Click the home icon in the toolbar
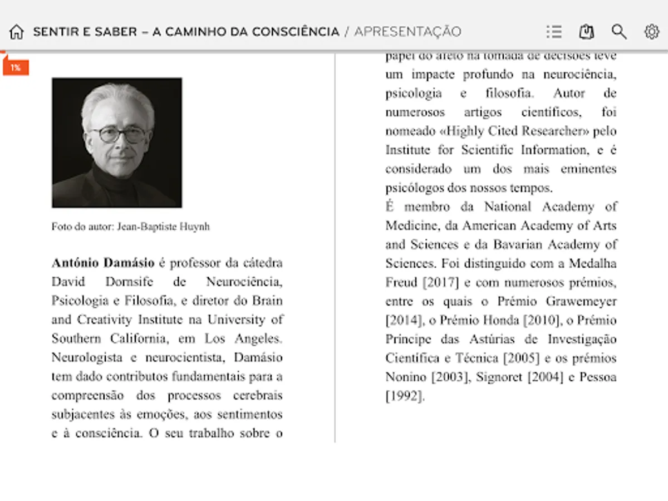tap(16, 32)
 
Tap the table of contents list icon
tap(554, 32)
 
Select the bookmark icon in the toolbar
tap(586, 32)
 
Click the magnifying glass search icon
tap(619, 32)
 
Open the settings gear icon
tap(651, 32)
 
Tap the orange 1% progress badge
tap(16, 67)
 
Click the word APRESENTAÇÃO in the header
tap(407, 32)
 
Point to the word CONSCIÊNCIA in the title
tap(296, 32)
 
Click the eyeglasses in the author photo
tap(119, 134)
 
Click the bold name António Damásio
tap(103, 263)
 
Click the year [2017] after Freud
tap(441, 282)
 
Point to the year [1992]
tap(405, 396)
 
